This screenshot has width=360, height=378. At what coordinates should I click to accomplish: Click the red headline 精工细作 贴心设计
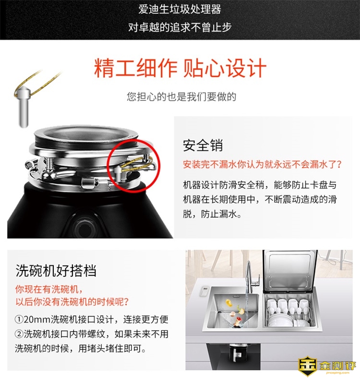[180, 68]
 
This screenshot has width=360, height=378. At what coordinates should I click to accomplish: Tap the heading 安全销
[203, 146]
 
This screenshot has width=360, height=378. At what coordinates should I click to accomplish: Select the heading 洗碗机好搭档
[56, 270]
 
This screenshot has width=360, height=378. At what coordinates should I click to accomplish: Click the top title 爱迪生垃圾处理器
[180, 9]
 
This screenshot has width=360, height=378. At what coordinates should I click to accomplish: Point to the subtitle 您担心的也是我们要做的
[181, 97]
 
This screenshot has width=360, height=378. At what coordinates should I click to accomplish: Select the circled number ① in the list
[19, 320]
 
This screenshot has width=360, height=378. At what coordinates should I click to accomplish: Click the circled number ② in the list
[19, 334]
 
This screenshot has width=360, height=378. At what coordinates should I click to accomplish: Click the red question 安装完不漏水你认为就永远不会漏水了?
[262, 164]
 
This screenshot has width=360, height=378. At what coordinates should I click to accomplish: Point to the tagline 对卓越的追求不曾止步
[180, 27]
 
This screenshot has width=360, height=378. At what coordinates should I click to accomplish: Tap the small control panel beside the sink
[204, 291]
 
